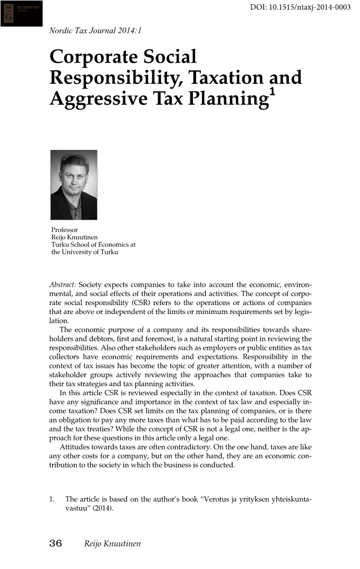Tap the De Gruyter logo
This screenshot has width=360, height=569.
pyautogui.click(x=22, y=13)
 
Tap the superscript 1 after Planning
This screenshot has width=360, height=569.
pyautogui.click(x=272, y=93)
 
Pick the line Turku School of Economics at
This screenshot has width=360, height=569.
pyautogui.click(x=93, y=245)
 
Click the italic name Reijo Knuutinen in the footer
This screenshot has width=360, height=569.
pyautogui.click(x=112, y=544)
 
